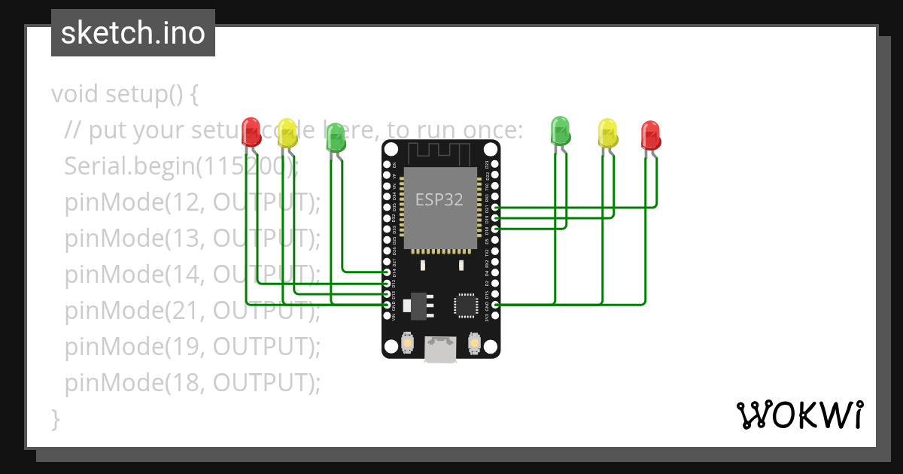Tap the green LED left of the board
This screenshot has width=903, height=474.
[x=336, y=136]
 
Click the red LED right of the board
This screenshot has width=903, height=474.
[x=651, y=134]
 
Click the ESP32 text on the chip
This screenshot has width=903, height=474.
[x=440, y=200]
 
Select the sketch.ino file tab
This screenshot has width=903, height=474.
[x=133, y=33]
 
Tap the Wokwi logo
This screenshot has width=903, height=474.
[x=798, y=415]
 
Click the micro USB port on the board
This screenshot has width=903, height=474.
[x=440, y=348]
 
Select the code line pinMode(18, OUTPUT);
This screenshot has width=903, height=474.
[x=193, y=383]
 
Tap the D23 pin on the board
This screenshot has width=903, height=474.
[x=495, y=164]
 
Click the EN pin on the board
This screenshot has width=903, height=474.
[x=387, y=164]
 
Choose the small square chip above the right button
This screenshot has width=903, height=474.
[x=464, y=305]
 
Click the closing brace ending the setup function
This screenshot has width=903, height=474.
[x=55, y=418]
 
